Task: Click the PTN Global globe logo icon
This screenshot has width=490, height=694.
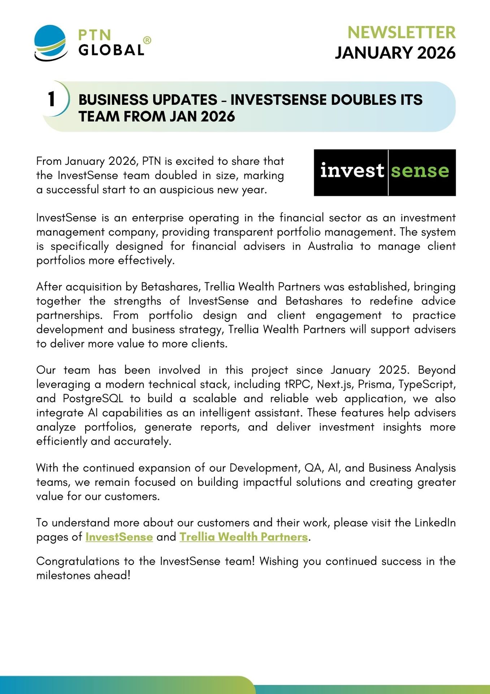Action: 51,43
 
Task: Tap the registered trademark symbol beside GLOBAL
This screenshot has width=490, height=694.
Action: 147,40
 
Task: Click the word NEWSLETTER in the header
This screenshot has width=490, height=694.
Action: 401,33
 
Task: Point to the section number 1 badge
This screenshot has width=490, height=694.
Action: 52,99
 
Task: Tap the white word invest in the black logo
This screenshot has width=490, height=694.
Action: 352,171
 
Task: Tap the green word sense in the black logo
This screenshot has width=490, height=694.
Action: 420,171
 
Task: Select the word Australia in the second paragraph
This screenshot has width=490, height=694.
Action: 330,246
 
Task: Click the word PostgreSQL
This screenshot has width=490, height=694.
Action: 93,398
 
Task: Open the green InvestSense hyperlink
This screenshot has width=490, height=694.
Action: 119,537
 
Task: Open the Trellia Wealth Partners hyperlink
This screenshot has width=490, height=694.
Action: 244,537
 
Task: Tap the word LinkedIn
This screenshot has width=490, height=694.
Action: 435,523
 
